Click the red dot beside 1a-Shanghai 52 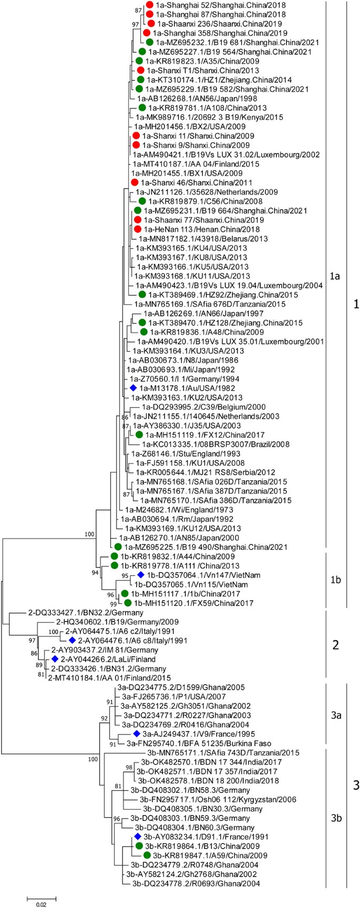pyautogui.click(x=149, y=5)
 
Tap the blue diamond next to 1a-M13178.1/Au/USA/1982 pyautogui.click(x=133, y=388)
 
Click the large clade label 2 pyautogui.click(x=336, y=645)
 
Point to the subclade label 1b pyautogui.click(x=335, y=580)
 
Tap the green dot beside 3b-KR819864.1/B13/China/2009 pyautogui.click(x=139, y=845)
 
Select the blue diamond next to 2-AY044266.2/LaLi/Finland pyautogui.click(x=54, y=659)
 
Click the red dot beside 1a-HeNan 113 pyautogui.click(x=138, y=229)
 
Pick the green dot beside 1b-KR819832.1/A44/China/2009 pyautogui.click(x=114, y=556)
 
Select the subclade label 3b pyautogui.click(x=336, y=818)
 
